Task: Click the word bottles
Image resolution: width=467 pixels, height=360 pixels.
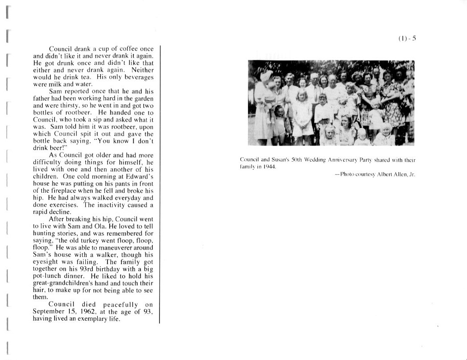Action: (x=44, y=113)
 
